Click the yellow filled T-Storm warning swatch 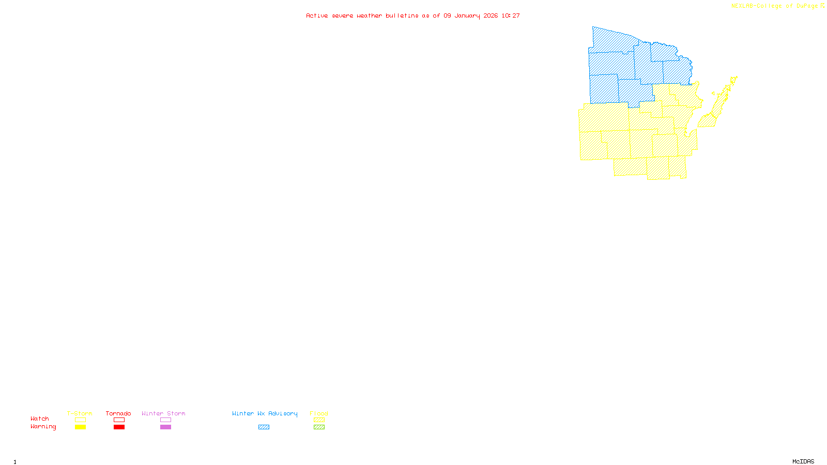pos(80,427)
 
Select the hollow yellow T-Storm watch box pos(80,420)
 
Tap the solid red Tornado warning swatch pos(119,427)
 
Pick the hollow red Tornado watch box pos(119,420)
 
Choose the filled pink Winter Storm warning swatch pos(165,427)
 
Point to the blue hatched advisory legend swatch pos(264,427)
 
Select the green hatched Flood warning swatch pos(319,427)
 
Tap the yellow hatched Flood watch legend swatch pos(319,420)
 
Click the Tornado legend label pos(118,413)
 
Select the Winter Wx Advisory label pos(265,413)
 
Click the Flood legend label pos(319,413)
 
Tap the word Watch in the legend pos(40,419)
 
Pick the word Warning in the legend pos(43,427)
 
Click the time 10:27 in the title pos(510,16)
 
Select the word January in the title pos(467,16)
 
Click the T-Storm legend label pos(80,413)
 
